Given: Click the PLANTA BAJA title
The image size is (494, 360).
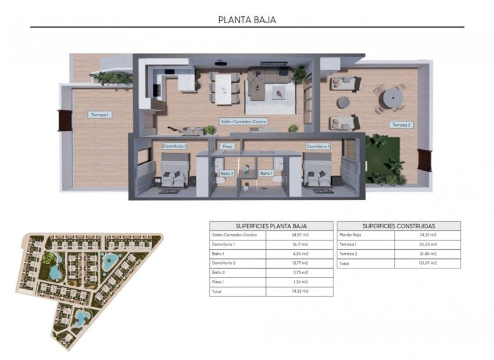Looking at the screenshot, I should coord(247,19).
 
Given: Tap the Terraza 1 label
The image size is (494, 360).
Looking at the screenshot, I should coord(100,115).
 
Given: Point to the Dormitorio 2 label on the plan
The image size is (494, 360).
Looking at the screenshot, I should coord(174,146).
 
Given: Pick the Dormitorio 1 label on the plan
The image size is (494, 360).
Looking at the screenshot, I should coord(318,146).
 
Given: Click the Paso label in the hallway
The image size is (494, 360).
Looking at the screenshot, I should coord(227,146).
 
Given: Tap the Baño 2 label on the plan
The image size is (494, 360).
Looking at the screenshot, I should coord(227,173).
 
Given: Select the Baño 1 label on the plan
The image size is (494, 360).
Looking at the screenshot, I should coord(266,173).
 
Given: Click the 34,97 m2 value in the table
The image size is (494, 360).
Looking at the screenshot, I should coord(300,235).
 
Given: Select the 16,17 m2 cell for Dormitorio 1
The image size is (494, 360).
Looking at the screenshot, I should coord(300,244).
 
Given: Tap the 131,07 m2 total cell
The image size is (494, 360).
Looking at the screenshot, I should coord(428,263).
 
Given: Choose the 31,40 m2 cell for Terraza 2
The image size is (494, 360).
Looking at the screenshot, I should coord(428,254).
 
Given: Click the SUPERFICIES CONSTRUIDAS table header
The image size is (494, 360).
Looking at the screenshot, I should coord(399,226).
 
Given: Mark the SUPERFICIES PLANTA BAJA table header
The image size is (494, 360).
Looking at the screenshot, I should coord(271,226).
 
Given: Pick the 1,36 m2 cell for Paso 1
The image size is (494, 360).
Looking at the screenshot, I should coord(300,282).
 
